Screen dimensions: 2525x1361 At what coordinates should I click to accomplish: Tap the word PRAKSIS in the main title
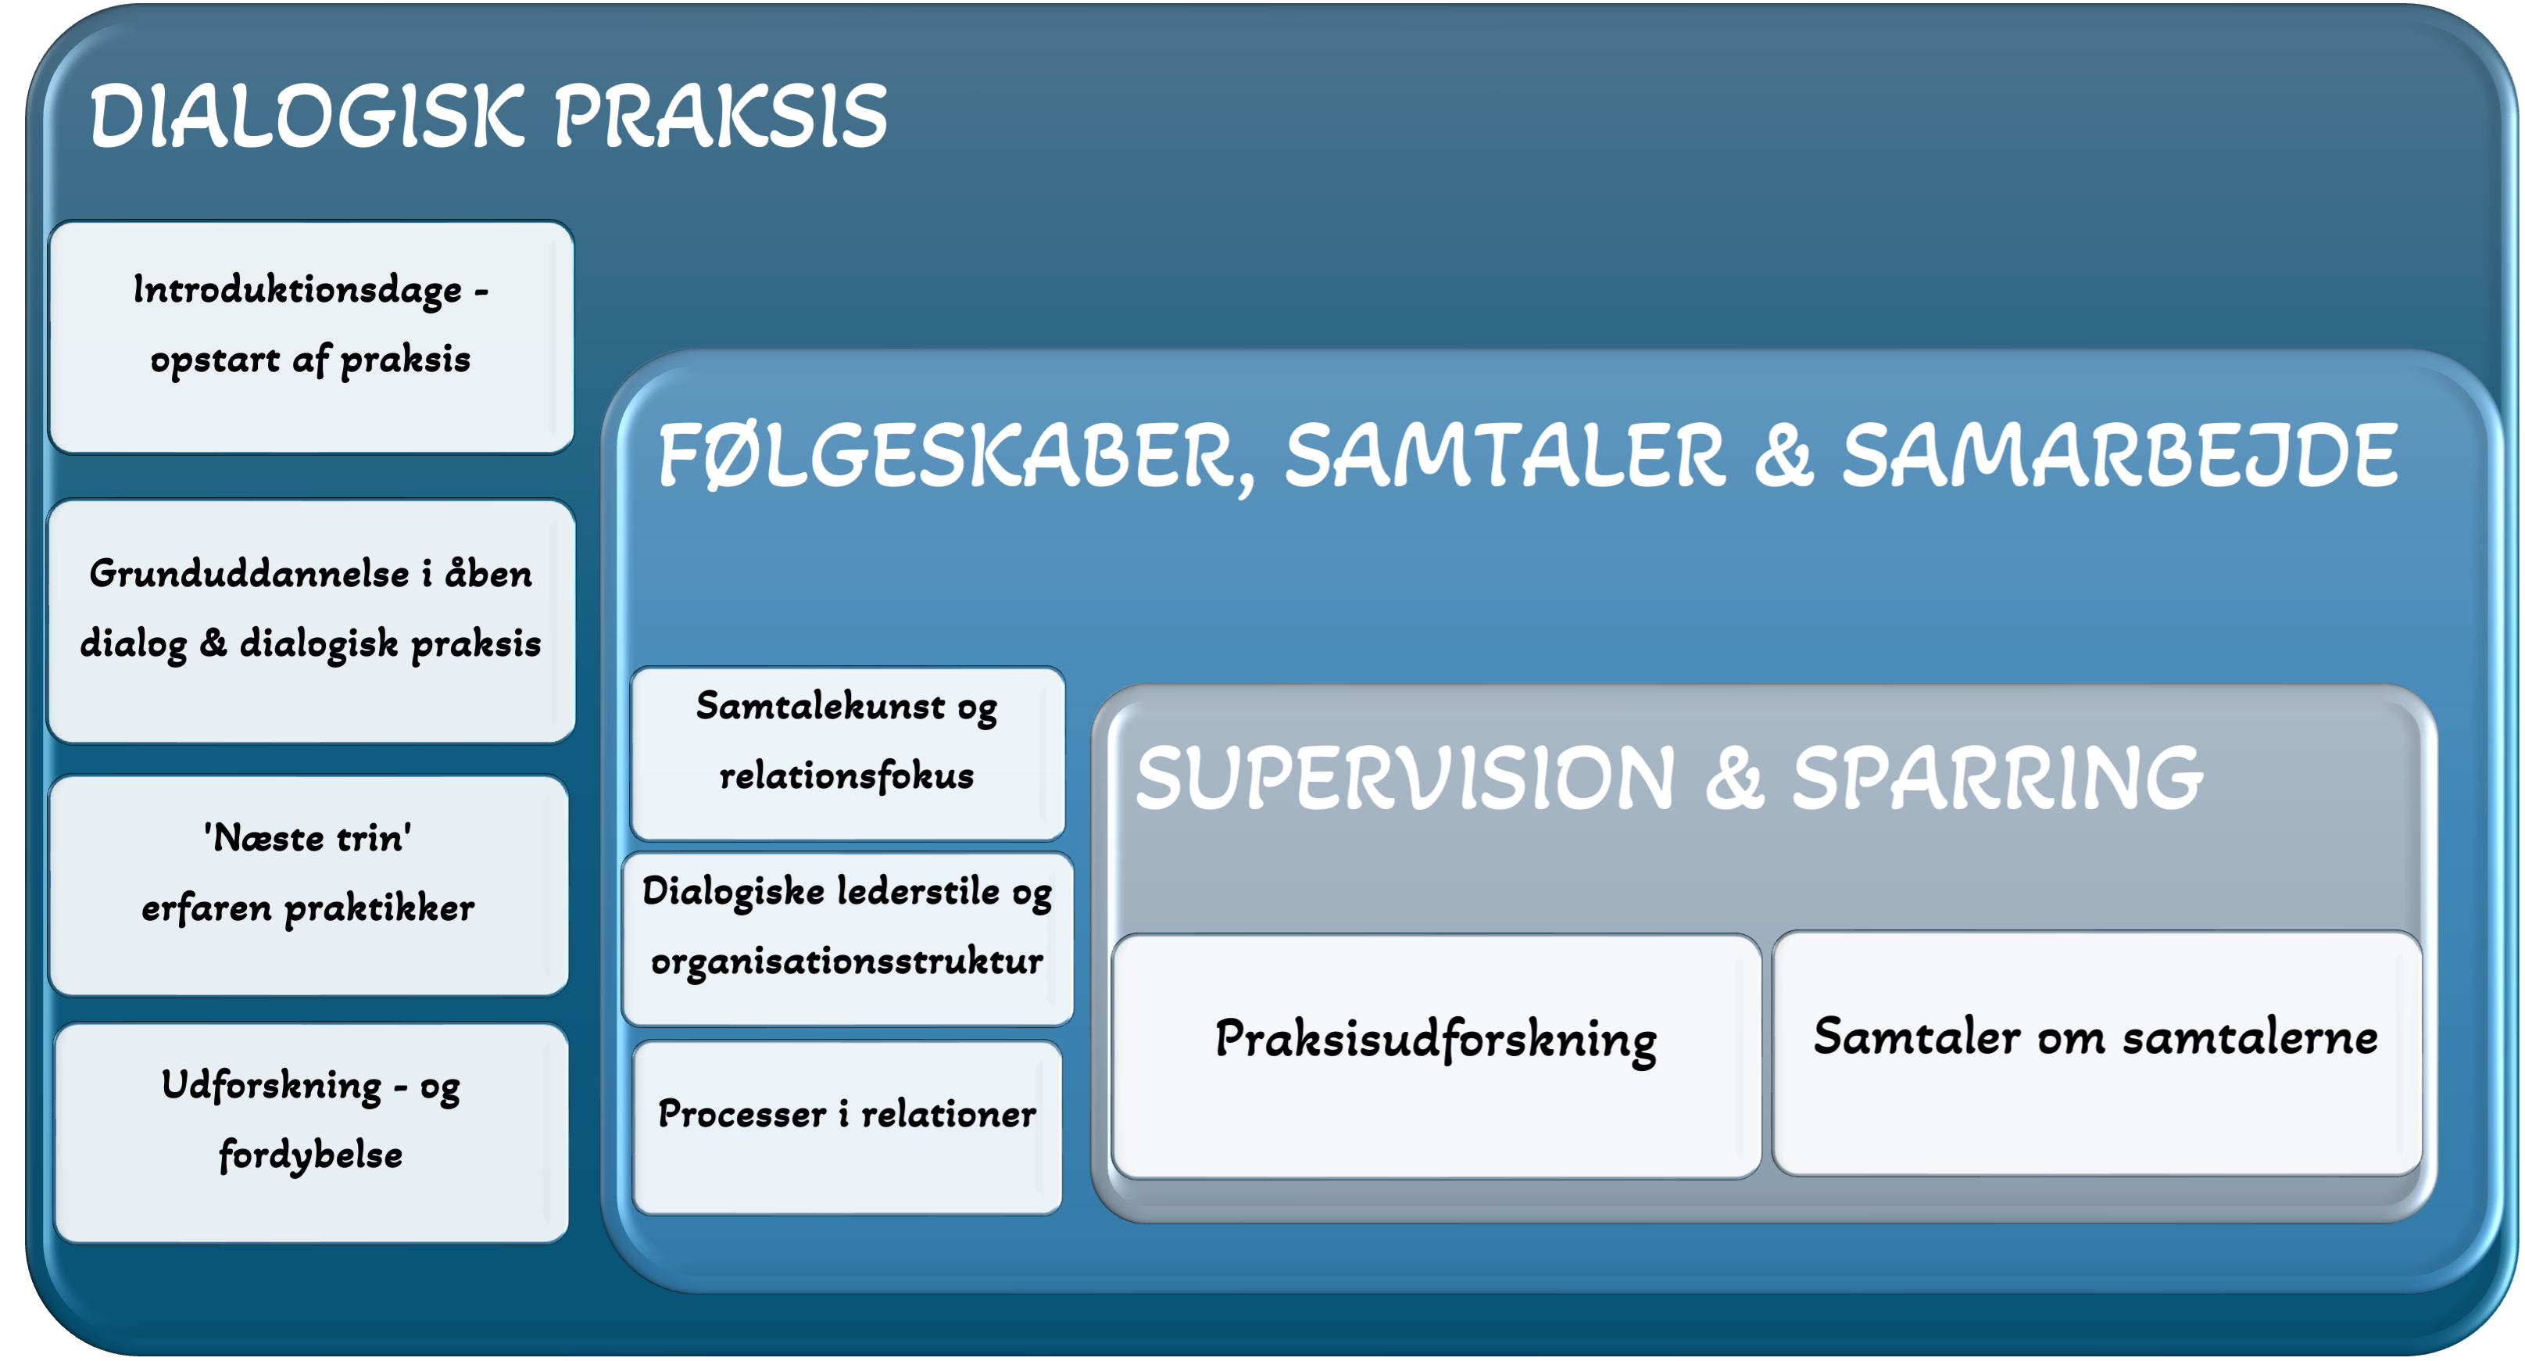point(721,116)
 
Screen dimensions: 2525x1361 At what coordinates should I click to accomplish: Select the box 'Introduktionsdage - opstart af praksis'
point(312,336)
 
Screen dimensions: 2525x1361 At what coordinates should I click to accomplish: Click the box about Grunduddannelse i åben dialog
point(312,621)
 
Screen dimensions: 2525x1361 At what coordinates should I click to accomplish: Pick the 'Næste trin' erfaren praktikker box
point(309,886)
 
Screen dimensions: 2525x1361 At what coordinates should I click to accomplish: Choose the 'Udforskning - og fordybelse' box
point(312,1134)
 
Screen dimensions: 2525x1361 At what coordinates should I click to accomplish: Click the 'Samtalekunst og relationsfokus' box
point(848,753)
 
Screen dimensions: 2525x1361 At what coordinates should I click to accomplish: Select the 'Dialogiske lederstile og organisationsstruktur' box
point(848,940)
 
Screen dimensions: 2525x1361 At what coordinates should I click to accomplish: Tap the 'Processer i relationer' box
point(848,1127)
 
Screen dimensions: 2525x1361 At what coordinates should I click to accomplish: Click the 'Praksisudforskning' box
point(1436,1056)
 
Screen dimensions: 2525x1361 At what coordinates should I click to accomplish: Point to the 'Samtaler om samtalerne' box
point(2097,1053)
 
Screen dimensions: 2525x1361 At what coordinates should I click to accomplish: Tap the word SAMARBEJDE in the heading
point(2120,455)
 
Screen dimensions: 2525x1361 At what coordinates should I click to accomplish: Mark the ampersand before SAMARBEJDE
point(1784,455)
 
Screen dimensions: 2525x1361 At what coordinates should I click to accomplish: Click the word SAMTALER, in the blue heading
point(1504,455)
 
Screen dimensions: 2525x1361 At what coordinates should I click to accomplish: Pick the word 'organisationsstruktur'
point(847,961)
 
